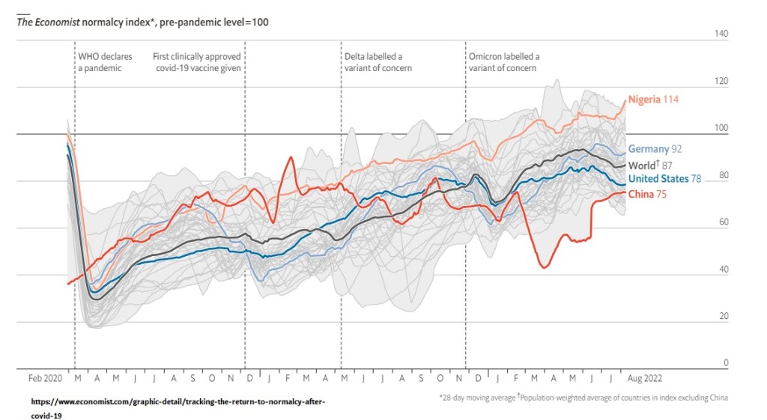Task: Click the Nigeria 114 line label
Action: [653, 100]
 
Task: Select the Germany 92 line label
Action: [655, 149]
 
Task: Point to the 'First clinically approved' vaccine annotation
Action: [196, 62]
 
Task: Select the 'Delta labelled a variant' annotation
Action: [378, 62]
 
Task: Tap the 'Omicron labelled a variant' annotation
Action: [503, 62]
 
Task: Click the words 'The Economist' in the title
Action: [47, 22]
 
